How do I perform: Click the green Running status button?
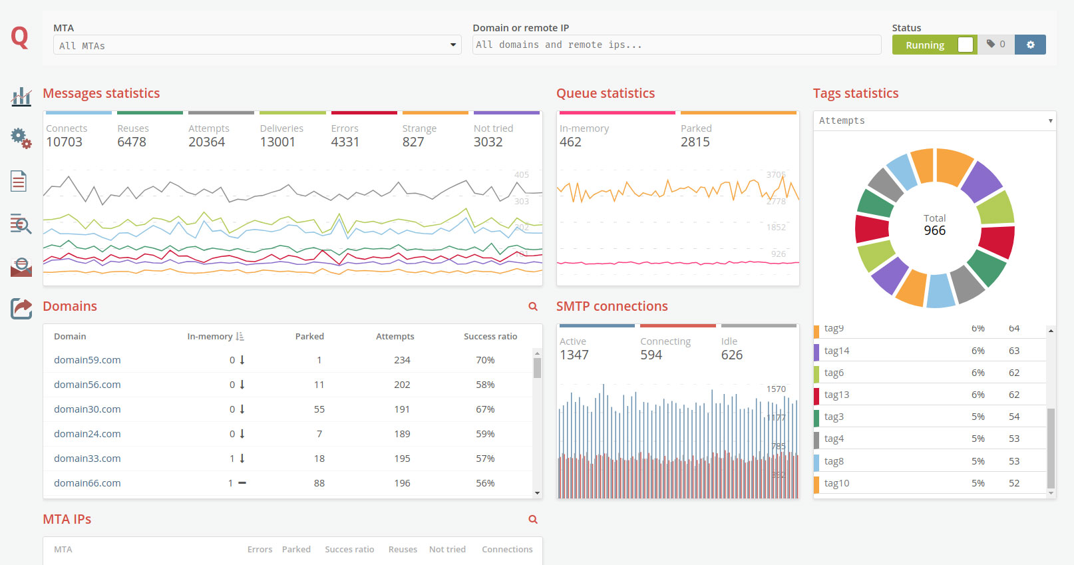click(x=925, y=45)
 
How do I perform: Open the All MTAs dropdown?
click(x=257, y=45)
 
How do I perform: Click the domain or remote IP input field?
click(x=676, y=45)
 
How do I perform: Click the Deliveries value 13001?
click(x=277, y=142)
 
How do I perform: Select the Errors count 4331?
click(x=345, y=142)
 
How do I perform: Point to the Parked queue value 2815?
click(x=695, y=142)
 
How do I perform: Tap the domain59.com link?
click(x=87, y=360)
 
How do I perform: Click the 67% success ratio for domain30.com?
click(x=484, y=409)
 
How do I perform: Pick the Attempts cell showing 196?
click(x=402, y=483)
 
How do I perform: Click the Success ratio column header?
click(x=490, y=337)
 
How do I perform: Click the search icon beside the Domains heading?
click(x=532, y=307)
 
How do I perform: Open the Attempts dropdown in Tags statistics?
click(x=934, y=120)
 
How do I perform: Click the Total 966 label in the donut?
click(x=934, y=225)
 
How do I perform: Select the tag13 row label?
click(x=836, y=395)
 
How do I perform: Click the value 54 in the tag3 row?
click(x=1013, y=417)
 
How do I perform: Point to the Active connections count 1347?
click(x=574, y=355)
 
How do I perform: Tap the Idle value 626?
click(x=731, y=355)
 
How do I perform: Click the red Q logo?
click(x=20, y=37)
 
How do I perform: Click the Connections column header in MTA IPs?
click(x=507, y=550)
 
